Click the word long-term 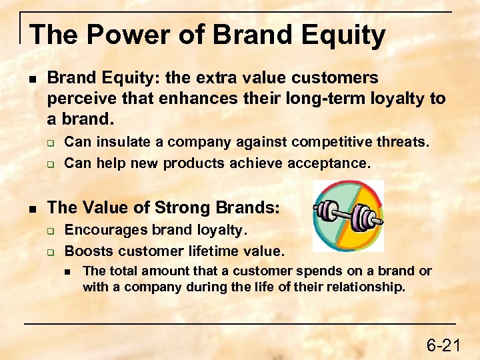(x=325, y=99)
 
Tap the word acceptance (x=331, y=163)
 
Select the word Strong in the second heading (x=184, y=207)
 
